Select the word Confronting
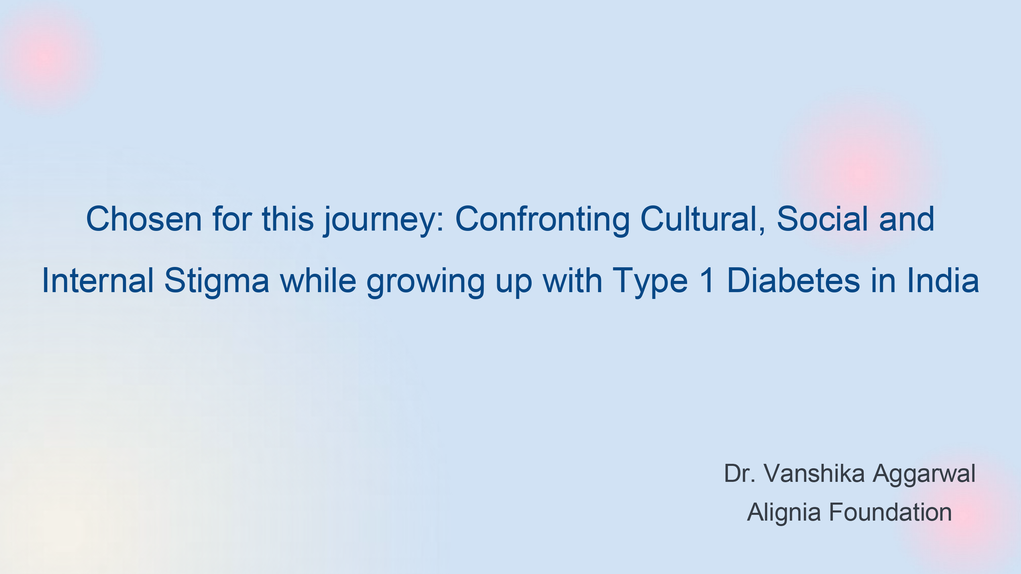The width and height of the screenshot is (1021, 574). point(542,221)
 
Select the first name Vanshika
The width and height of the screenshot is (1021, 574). point(814,473)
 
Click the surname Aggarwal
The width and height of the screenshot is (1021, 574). point(924,475)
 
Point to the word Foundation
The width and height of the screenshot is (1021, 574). point(891,512)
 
